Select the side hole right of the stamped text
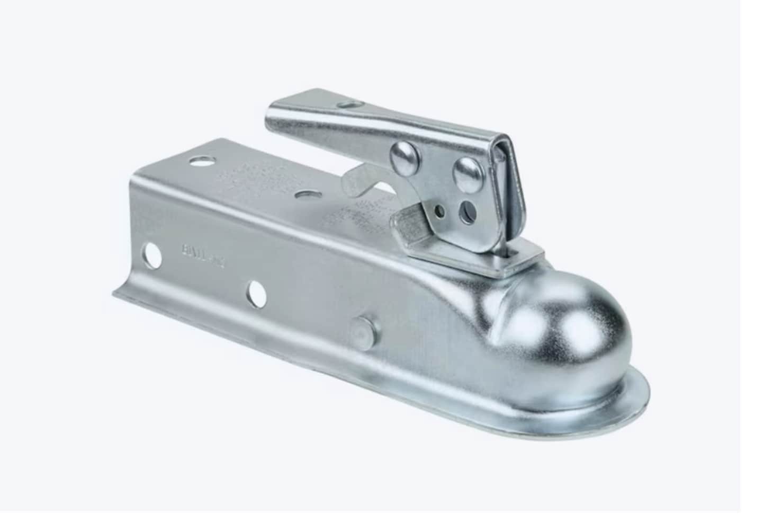click(256, 293)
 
